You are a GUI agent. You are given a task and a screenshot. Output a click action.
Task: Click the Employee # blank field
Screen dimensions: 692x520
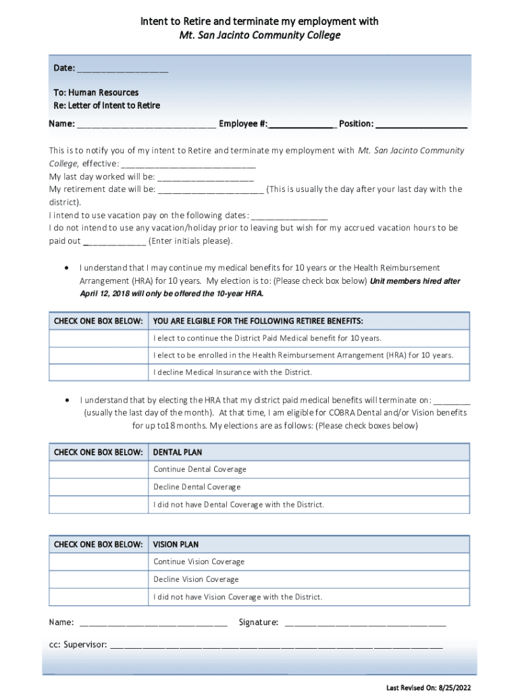[302, 124]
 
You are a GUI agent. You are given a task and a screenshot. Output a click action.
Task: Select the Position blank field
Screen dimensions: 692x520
[421, 124]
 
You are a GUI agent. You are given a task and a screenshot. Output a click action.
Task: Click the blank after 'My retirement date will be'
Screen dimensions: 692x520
[211, 190]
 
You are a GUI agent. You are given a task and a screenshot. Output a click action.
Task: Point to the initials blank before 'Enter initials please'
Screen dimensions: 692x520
[114, 241]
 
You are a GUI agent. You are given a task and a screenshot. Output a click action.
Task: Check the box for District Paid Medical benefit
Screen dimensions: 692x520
[98, 338]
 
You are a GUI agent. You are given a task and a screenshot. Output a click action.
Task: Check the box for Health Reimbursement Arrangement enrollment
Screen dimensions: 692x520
[98, 355]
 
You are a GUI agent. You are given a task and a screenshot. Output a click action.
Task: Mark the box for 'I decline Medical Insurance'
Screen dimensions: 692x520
[98, 373]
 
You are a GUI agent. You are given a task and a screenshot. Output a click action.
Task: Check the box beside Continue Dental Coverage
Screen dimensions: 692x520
[98, 470]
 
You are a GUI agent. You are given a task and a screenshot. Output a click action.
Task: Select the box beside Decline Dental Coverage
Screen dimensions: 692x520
[98, 487]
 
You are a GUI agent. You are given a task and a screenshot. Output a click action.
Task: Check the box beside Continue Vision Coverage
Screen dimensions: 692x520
[98, 562]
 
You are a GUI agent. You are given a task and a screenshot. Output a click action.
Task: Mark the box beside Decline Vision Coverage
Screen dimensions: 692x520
[98, 580]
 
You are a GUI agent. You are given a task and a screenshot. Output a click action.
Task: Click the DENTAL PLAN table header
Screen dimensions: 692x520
[178, 452]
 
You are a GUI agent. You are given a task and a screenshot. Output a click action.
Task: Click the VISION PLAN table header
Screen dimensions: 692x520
[176, 545]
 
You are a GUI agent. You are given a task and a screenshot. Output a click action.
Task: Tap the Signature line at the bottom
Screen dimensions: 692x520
[365, 622]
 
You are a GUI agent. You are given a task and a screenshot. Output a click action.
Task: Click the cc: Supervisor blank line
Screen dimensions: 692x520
[276, 645]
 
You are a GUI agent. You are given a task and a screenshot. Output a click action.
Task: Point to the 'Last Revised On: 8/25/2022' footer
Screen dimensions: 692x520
[429, 687]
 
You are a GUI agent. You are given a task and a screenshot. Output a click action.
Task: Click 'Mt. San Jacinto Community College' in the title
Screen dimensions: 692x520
[259, 35]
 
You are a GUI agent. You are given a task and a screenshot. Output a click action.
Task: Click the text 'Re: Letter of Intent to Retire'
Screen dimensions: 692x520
[107, 106]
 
